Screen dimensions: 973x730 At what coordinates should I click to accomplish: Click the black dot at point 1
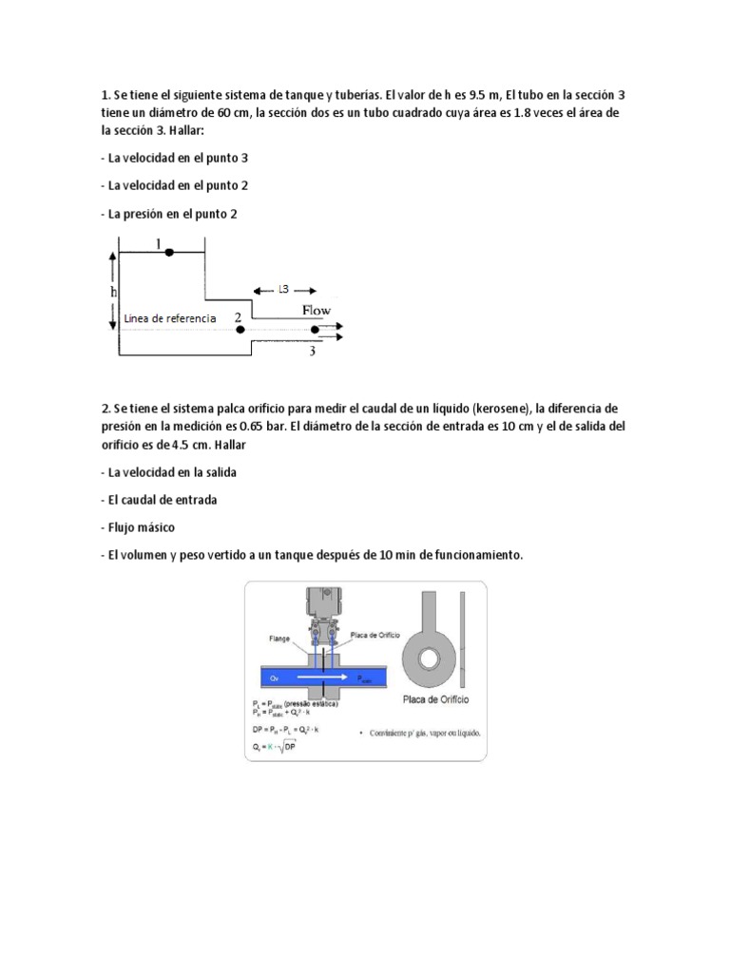click(x=168, y=252)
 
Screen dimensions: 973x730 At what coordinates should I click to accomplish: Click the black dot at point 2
click(x=240, y=330)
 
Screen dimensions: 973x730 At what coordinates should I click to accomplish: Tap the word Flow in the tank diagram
click(x=317, y=310)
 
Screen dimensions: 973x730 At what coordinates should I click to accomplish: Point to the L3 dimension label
click(x=284, y=290)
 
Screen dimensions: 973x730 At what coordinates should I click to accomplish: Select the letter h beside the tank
click(x=114, y=292)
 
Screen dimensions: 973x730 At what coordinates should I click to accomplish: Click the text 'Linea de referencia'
click(x=169, y=317)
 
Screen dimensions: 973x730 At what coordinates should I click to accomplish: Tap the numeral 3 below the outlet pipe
click(x=311, y=352)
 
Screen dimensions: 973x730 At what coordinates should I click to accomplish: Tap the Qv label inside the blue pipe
click(x=273, y=679)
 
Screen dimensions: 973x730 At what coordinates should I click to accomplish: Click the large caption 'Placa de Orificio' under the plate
click(x=429, y=697)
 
